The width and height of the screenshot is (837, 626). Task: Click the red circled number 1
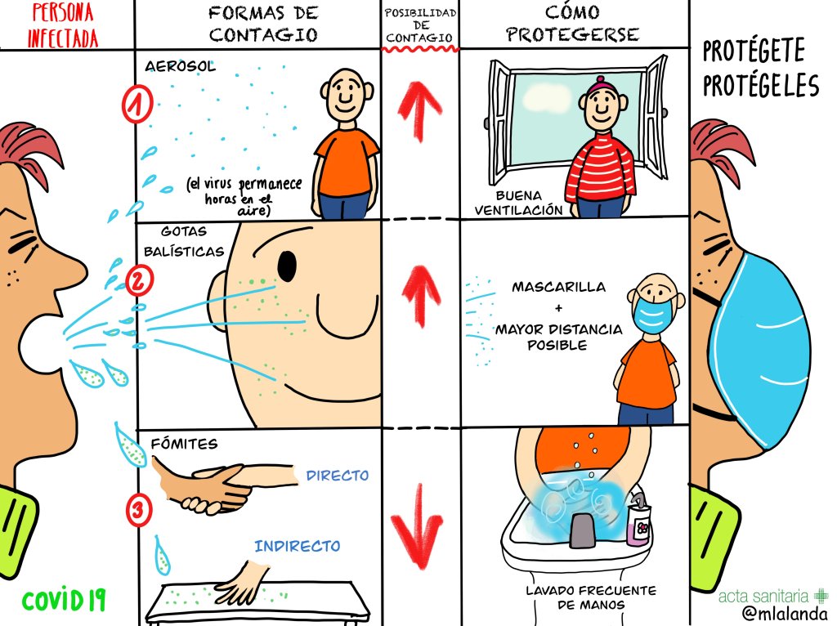pyautogui.click(x=137, y=104)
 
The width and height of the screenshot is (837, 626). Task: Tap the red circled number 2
pyautogui.click(x=139, y=280)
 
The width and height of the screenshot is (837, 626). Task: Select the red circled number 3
pyautogui.click(x=138, y=509)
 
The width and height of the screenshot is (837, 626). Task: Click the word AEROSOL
pyautogui.click(x=180, y=66)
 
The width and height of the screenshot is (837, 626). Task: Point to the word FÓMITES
pyautogui.click(x=184, y=444)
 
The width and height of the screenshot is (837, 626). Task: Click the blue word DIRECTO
pyautogui.click(x=338, y=475)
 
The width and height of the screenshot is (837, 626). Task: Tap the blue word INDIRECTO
pyautogui.click(x=298, y=546)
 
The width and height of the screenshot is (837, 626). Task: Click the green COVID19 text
pyautogui.click(x=64, y=600)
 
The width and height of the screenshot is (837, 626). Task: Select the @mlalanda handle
pyautogui.click(x=784, y=614)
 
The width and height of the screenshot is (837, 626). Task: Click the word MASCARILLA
pyautogui.click(x=559, y=287)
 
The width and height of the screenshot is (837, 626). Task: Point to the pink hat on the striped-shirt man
pyautogui.click(x=600, y=85)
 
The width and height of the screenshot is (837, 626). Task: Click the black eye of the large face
pyautogui.click(x=287, y=266)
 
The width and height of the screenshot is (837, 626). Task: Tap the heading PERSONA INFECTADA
pyautogui.click(x=62, y=25)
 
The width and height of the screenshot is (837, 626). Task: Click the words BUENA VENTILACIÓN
pyautogui.click(x=518, y=203)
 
